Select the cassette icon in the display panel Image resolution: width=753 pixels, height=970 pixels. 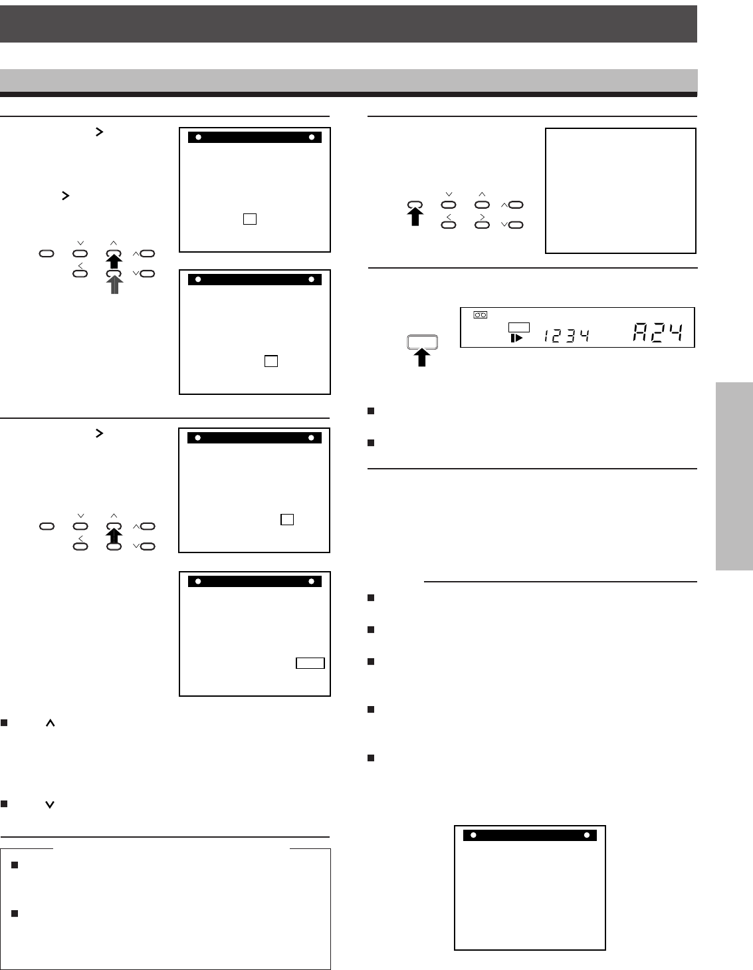pos(480,314)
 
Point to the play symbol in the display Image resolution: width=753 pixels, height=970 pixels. pos(516,338)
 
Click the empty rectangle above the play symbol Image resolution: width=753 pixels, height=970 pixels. pos(518,326)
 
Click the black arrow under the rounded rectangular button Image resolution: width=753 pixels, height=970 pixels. pos(422,357)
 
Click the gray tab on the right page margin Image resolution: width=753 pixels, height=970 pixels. pos(734,475)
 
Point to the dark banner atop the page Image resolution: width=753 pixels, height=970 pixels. pos(348,24)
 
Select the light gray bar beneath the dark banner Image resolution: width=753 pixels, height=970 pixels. pos(348,80)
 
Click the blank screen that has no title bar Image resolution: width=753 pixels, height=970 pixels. pos(620,191)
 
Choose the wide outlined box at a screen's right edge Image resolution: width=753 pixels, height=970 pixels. pos(310,663)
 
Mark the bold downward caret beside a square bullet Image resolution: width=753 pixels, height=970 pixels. pos(49,804)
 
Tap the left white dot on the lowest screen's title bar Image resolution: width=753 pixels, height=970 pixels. pos(473,835)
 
